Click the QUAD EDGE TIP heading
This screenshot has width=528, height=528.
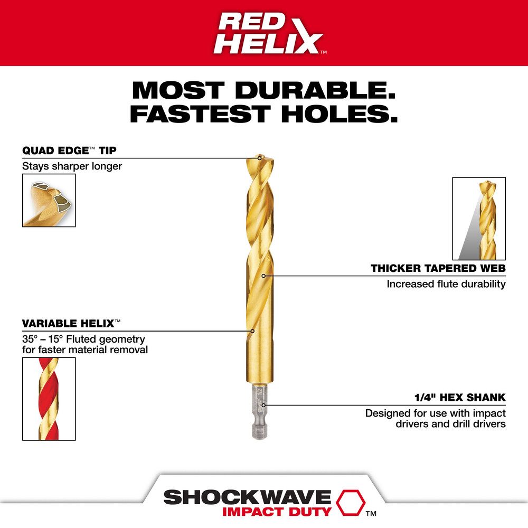click(x=69, y=150)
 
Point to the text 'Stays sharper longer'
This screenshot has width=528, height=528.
click(x=72, y=166)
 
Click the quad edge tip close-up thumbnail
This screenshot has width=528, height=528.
click(x=49, y=200)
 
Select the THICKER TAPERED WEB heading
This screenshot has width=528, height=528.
click(x=438, y=269)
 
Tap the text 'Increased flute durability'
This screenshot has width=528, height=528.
click(x=446, y=284)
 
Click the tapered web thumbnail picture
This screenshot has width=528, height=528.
click(x=479, y=218)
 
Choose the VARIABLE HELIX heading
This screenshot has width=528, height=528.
click(x=67, y=323)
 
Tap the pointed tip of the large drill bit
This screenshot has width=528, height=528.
click(x=259, y=157)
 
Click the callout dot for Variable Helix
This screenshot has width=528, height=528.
click(x=252, y=332)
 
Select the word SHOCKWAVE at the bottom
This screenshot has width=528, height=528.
click(x=247, y=497)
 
